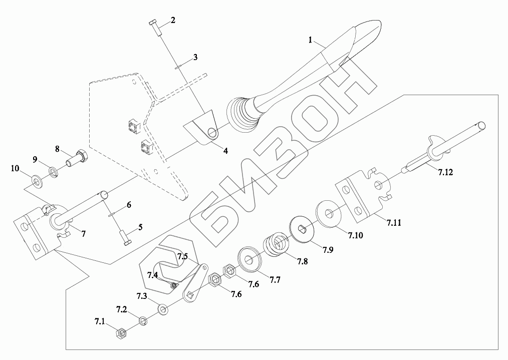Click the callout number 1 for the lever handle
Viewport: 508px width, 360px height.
coord(311,39)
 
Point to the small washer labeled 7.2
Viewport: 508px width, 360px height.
coord(143,320)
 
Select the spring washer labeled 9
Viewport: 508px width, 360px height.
coord(53,173)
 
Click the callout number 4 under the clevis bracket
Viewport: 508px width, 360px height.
coord(225,150)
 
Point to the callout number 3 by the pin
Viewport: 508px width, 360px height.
coord(195,57)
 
